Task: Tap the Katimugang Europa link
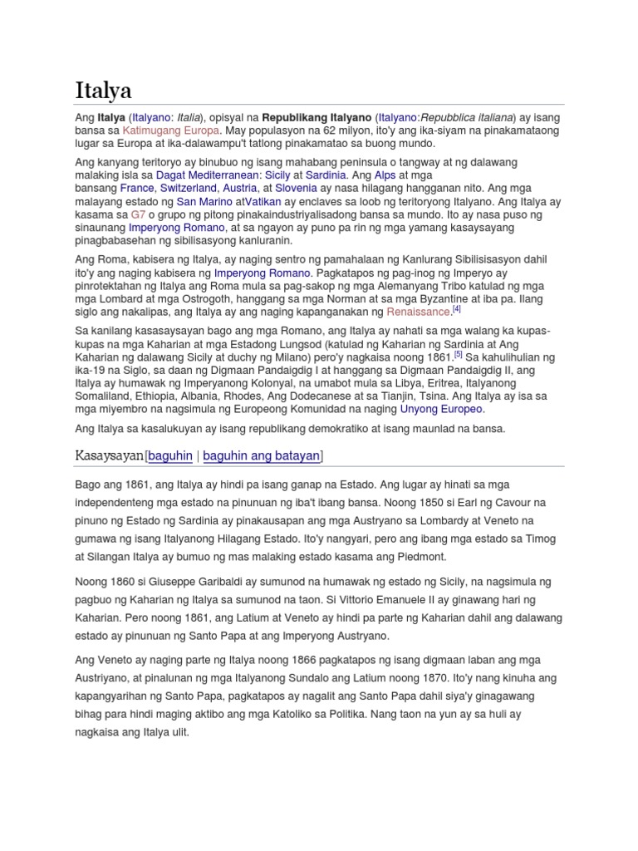point(171,130)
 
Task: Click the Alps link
point(362,175)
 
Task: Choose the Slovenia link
point(290,188)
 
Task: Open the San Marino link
point(204,201)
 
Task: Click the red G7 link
point(138,214)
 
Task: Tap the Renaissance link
point(419,312)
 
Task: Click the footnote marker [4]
point(456,309)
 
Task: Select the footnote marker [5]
point(459,354)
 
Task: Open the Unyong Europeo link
point(440,409)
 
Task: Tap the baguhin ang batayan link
point(262,455)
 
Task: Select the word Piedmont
point(422,556)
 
